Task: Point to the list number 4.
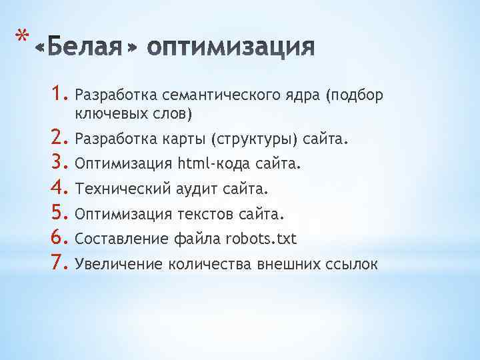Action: (63, 189)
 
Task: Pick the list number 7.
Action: (63, 264)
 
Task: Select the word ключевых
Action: (110, 115)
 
